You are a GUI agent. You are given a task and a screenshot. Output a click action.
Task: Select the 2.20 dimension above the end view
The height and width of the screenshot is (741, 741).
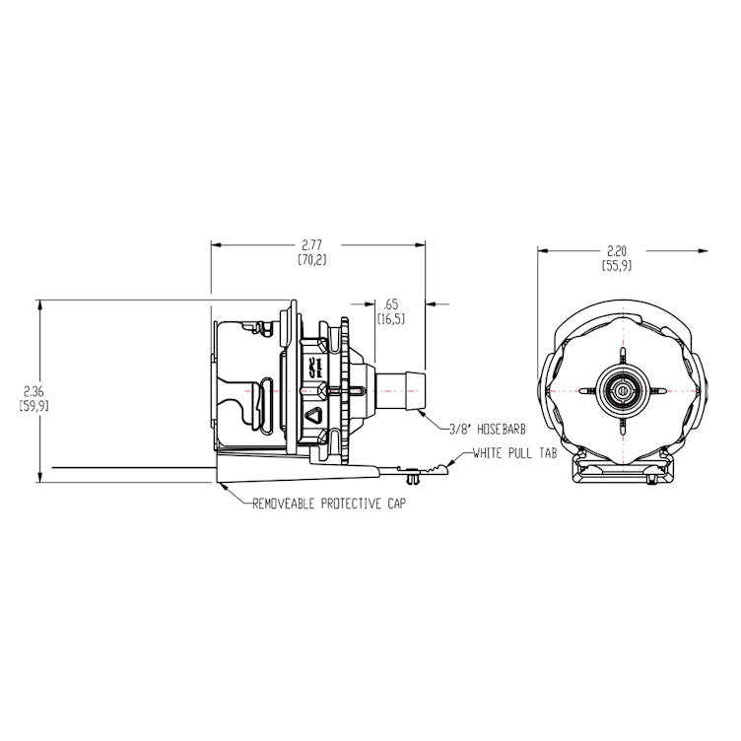point(616,251)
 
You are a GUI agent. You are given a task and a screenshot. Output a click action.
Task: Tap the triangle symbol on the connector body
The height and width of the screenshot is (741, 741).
point(313,415)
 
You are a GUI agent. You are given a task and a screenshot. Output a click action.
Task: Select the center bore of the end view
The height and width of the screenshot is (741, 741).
point(623,391)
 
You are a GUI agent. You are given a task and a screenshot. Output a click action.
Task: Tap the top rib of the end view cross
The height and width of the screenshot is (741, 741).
point(623,358)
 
